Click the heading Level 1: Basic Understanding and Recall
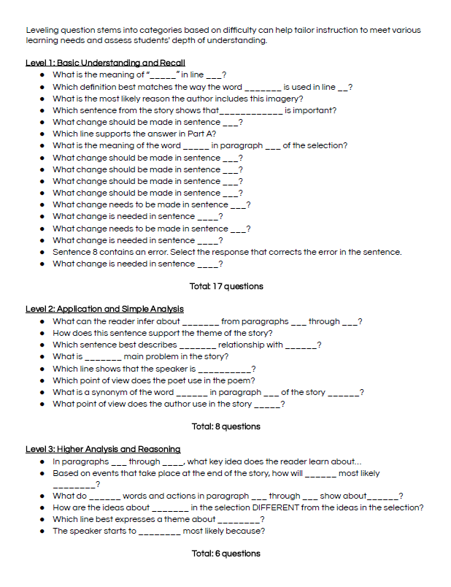(x=105, y=63)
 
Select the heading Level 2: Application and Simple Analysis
(x=104, y=310)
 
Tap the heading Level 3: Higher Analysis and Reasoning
(x=103, y=449)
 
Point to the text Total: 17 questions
(x=225, y=286)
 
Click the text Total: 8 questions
(x=225, y=426)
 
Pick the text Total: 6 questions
(x=225, y=553)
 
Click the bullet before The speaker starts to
(x=44, y=531)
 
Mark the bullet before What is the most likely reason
(x=44, y=99)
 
